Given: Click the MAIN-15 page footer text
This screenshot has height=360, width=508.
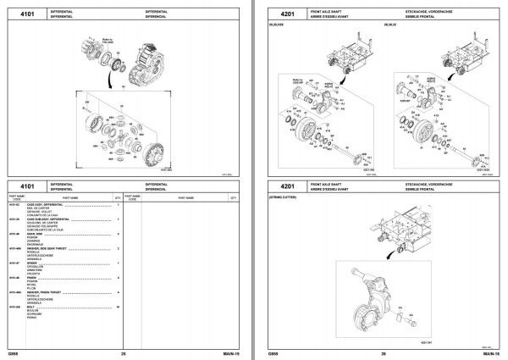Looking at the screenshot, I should [228, 352].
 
